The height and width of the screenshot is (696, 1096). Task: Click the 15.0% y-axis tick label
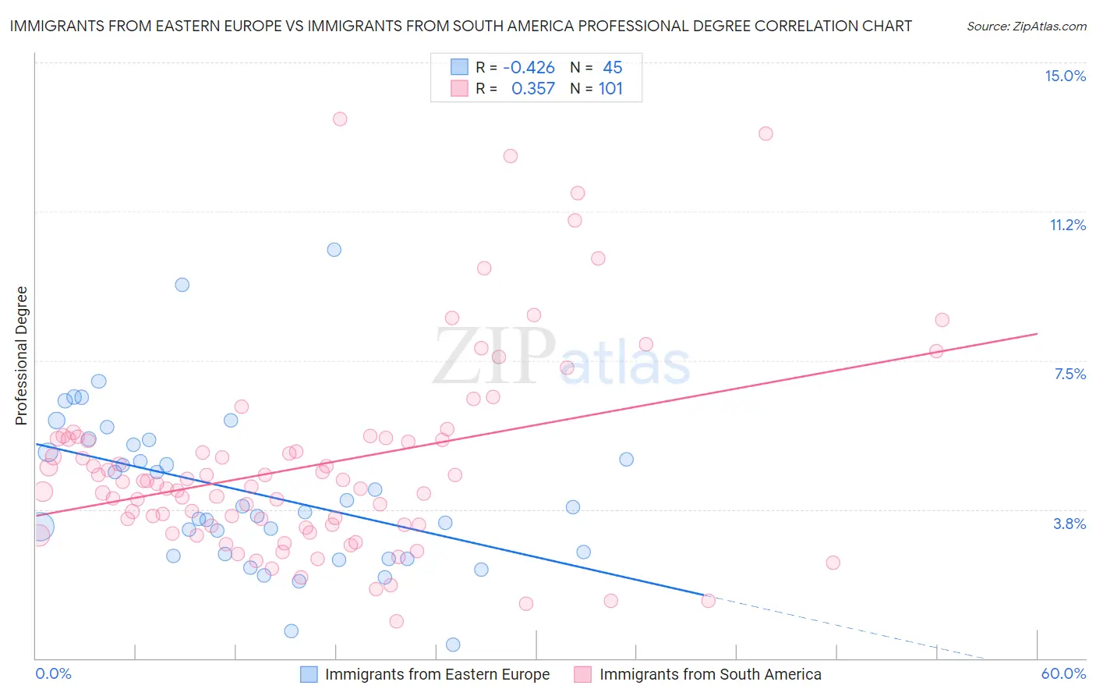(1065, 76)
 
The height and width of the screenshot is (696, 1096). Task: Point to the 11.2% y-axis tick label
(1067, 225)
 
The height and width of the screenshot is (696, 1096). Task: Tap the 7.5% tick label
(1069, 374)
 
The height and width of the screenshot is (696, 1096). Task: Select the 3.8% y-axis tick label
(1069, 524)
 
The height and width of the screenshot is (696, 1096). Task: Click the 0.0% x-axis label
(53, 673)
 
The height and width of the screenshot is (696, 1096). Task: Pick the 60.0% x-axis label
(1063, 673)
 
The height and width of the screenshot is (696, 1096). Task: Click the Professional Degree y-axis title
(21, 356)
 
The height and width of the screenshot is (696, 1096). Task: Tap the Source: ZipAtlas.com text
(1026, 26)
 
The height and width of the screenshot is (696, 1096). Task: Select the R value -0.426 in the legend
(529, 68)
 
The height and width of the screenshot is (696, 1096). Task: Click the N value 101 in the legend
(610, 89)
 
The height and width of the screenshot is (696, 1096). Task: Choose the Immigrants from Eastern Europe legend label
(437, 674)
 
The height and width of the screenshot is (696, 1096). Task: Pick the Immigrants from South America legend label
(710, 674)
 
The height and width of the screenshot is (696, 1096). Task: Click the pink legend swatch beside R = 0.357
(459, 89)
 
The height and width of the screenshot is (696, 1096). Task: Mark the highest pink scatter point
(340, 119)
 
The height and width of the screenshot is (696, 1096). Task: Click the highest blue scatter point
(334, 250)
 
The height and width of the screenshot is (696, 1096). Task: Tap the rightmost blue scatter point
(627, 460)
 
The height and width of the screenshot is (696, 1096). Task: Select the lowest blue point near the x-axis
(453, 645)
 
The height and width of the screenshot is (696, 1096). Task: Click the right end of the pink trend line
(1037, 334)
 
